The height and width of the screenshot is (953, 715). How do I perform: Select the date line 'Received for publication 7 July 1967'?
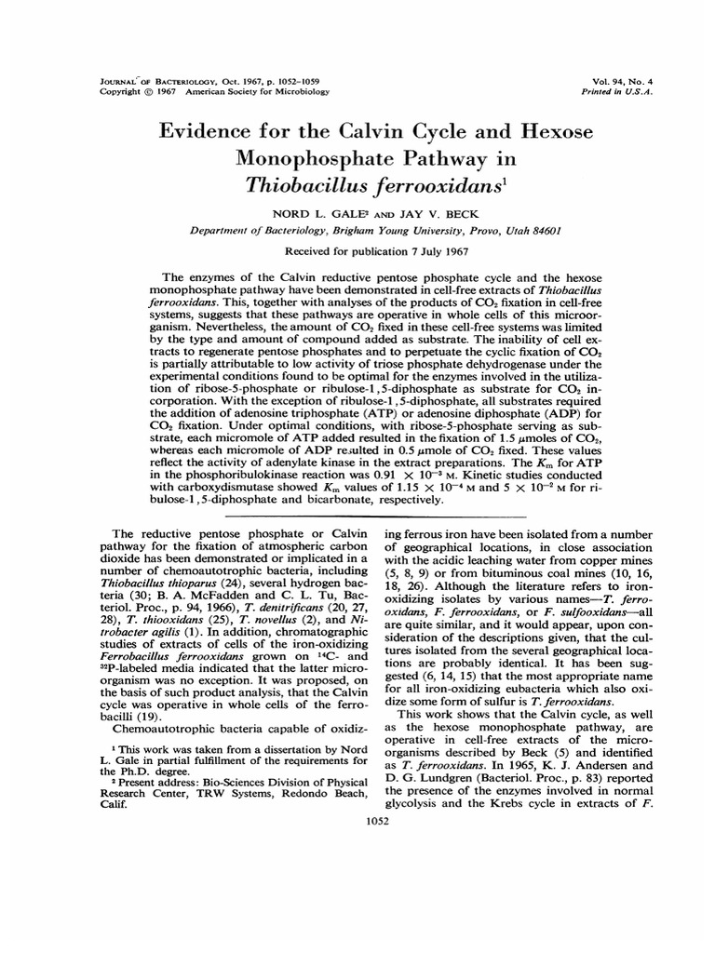click(x=357, y=251)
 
